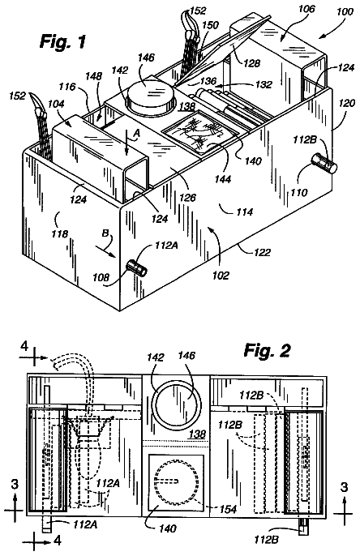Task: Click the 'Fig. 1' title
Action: pyautogui.click(x=62, y=41)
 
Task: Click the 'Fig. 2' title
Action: pyautogui.click(x=267, y=351)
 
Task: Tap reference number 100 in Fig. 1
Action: pyautogui.click(x=345, y=12)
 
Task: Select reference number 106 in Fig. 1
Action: pyautogui.click(x=306, y=9)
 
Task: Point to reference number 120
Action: pyautogui.click(x=346, y=103)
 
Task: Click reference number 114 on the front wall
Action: pyautogui.click(x=244, y=212)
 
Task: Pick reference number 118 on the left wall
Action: pyautogui.click(x=59, y=233)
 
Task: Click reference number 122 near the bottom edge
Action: pyautogui.click(x=262, y=252)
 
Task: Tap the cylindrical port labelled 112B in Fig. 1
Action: pyautogui.click(x=324, y=163)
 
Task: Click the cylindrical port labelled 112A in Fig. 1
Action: pyautogui.click(x=137, y=268)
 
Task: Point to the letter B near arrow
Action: pyautogui.click(x=105, y=233)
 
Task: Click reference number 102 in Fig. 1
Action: pyautogui.click(x=221, y=276)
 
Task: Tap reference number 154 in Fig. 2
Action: pyautogui.click(x=228, y=509)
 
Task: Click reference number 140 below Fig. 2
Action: pyautogui.click(x=167, y=528)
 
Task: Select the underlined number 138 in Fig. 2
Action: pyautogui.click(x=197, y=434)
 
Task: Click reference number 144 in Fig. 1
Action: pyautogui.click(x=222, y=178)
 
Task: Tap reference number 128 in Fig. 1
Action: pyautogui.click(x=251, y=62)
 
